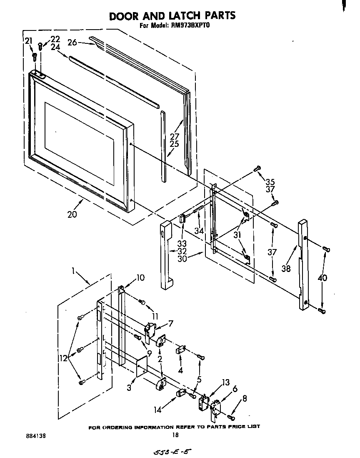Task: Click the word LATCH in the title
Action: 180,16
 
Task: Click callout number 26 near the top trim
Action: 72,42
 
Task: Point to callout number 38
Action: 285,269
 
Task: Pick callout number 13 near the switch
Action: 225,383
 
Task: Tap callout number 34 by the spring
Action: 199,231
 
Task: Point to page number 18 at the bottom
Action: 175,435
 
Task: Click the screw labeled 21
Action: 35,55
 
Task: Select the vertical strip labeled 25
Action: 163,146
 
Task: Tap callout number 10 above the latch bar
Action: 140,278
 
